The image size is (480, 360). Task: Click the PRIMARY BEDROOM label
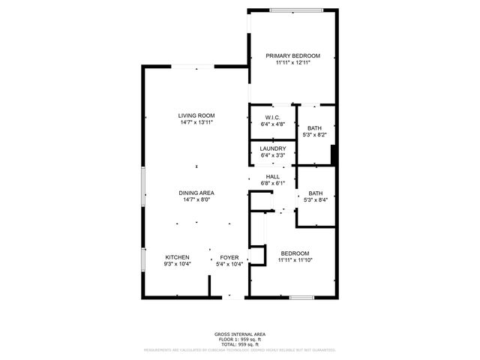(293, 56)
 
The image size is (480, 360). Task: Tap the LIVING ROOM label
(196, 115)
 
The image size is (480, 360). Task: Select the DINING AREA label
(196, 193)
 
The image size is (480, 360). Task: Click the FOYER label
(229, 257)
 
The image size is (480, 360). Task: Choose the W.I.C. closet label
(272, 117)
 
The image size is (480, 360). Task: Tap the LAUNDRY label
(272, 148)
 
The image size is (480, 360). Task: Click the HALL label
(272, 176)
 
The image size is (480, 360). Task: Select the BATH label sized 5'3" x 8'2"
(315, 128)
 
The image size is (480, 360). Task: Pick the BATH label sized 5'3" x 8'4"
(315, 193)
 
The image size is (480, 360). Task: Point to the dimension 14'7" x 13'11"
(196, 122)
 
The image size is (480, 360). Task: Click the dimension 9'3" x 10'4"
(177, 264)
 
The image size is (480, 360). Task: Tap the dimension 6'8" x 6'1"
(272, 183)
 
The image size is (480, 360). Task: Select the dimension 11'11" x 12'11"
(293, 63)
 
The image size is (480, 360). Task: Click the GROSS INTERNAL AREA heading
(240, 334)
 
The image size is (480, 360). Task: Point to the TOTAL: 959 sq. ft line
(240, 343)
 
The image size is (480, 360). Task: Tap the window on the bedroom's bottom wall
(301, 298)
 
